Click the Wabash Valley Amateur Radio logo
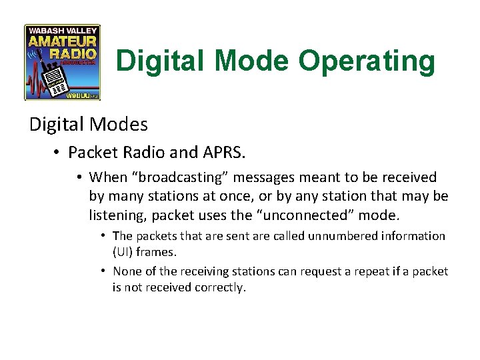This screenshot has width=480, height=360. click(62, 62)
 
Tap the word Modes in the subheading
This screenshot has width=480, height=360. click(119, 124)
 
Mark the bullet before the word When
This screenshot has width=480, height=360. click(79, 177)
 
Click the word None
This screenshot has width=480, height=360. click(127, 271)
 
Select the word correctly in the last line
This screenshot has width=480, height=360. click(221, 287)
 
